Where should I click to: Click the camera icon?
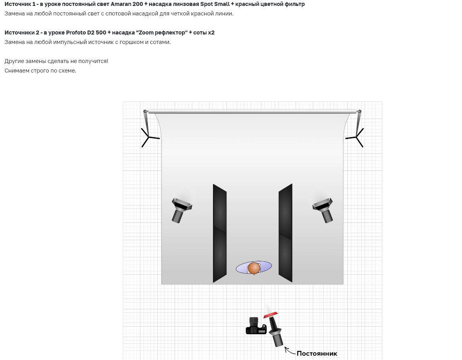[x=256, y=326]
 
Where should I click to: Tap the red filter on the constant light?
[x=270, y=315]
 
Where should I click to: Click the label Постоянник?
[x=317, y=354]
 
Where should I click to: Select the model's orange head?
[x=254, y=268]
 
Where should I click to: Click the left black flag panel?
[x=220, y=233]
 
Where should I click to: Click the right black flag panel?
[x=286, y=233]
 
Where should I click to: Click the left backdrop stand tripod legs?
[x=149, y=137]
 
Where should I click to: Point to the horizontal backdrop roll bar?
[x=252, y=112]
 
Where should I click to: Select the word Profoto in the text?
[x=76, y=33]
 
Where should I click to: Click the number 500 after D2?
[x=101, y=33]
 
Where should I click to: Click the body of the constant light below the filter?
[x=276, y=332]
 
